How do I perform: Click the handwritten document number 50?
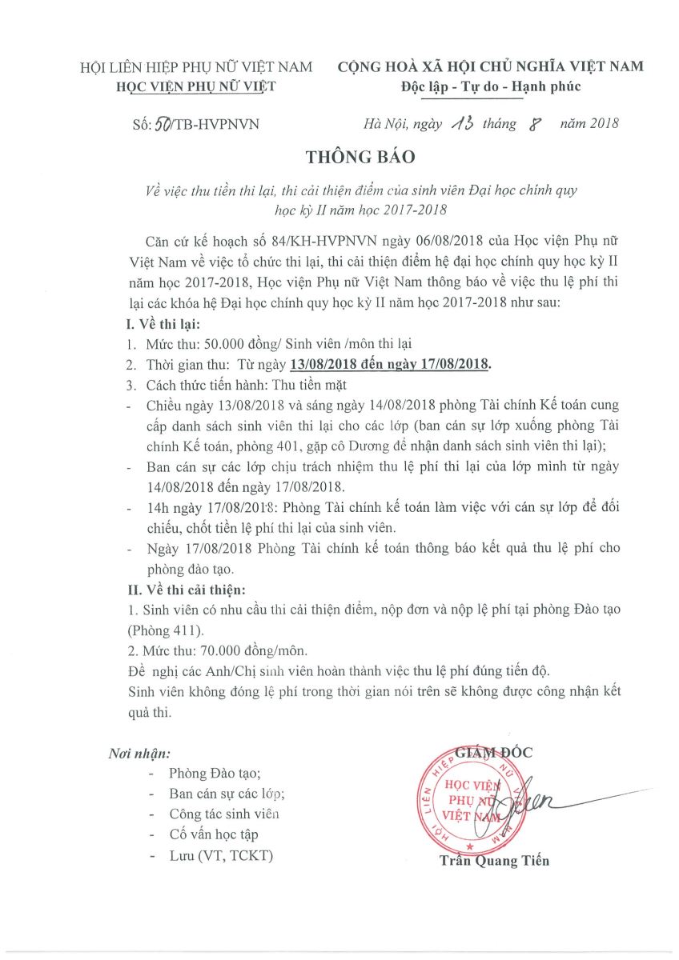(x=165, y=124)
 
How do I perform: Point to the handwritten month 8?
(x=526, y=123)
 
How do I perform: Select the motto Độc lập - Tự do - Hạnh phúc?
(x=492, y=86)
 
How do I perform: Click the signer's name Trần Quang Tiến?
(x=494, y=861)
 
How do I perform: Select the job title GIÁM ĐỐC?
(x=493, y=752)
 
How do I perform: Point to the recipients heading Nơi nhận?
(x=139, y=754)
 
